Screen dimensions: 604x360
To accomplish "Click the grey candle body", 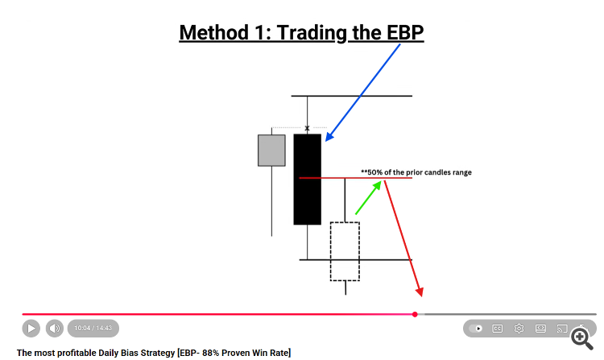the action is pos(271,150).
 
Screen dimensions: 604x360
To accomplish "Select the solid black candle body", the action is pos(308,179).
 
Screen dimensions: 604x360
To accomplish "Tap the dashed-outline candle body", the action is pos(345,251).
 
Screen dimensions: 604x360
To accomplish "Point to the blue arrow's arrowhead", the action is pos(329,136).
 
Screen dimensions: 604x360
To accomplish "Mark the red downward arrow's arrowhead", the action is pos(420,292).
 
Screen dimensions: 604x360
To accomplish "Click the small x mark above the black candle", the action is pos(307,128).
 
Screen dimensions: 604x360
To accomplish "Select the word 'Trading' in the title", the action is pos(312,33).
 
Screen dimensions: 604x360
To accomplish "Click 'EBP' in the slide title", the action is pos(404,32).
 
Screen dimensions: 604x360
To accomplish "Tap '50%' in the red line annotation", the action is pos(374,172).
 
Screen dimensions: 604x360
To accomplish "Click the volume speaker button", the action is pos(55,329).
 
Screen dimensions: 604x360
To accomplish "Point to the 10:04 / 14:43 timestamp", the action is pos(93,328).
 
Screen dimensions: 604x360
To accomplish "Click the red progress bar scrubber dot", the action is pos(415,315).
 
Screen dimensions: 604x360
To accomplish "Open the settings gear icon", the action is pos(519,329).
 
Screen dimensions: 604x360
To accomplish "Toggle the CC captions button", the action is pos(498,329).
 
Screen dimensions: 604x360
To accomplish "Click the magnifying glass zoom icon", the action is pos(581,339).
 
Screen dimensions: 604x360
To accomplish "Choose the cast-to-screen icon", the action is pos(562,329).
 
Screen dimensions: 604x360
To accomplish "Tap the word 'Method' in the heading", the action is pos(214,32).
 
